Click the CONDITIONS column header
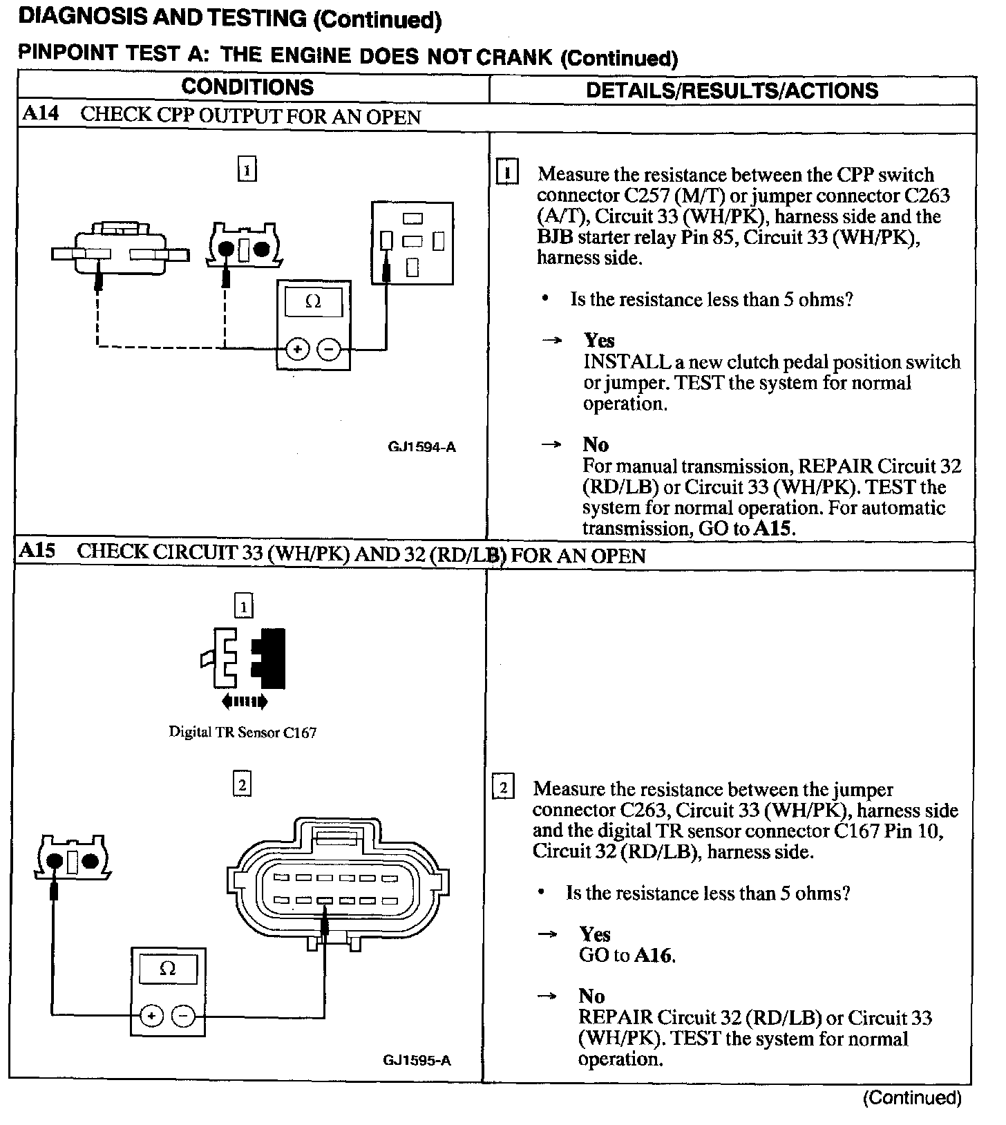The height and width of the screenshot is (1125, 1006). pyautogui.click(x=247, y=87)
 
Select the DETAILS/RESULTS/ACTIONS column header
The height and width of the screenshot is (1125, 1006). pyautogui.click(x=732, y=91)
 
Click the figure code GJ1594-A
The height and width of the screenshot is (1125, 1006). pyautogui.click(x=421, y=446)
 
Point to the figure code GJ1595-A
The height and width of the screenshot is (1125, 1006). pyautogui.click(x=417, y=1060)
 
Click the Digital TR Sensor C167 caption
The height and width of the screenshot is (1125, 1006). pyautogui.click(x=243, y=732)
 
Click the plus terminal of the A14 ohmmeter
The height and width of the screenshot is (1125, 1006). pyautogui.click(x=297, y=350)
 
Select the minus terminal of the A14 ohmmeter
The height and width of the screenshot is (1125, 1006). pyautogui.click(x=329, y=350)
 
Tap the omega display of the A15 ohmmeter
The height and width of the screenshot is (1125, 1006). pyautogui.click(x=168, y=969)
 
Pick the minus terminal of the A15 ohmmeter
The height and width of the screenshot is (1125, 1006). pyautogui.click(x=183, y=1016)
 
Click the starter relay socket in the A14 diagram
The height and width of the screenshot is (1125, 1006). pyautogui.click(x=412, y=243)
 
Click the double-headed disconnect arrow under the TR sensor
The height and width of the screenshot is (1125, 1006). pyautogui.click(x=244, y=702)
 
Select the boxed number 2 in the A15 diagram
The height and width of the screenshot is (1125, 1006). pyautogui.click(x=242, y=785)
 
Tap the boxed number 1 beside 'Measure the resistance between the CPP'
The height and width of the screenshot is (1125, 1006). pyautogui.click(x=508, y=173)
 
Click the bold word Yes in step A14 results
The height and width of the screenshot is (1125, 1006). pyautogui.click(x=599, y=340)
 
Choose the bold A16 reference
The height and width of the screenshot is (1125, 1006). pyautogui.click(x=653, y=955)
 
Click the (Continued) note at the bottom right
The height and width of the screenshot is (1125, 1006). pyautogui.click(x=911, y=1097)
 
